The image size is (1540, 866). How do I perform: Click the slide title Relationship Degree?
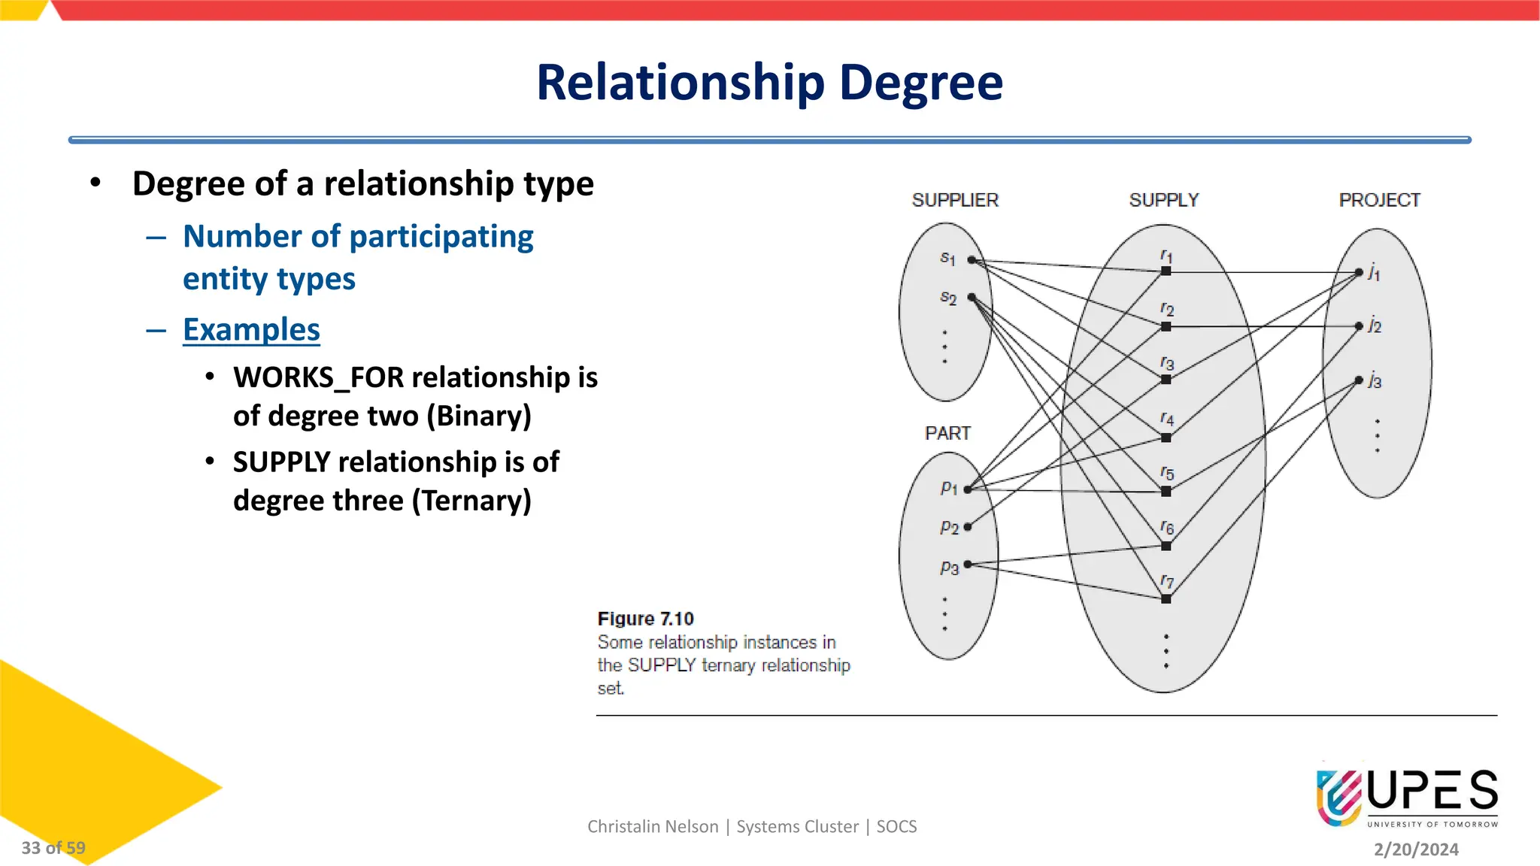tap(769, 82)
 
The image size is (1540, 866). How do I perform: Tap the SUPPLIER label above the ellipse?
tap(955, 200)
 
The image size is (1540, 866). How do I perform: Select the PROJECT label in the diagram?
tap(1379, 200)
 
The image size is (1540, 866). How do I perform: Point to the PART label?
tap(947, 433)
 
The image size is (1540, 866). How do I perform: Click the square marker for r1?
tap(1166, 271)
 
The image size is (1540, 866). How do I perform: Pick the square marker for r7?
tap(1166, 599)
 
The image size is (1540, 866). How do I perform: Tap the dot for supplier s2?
tap(972, 298)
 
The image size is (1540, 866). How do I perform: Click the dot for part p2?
tap(968, 527)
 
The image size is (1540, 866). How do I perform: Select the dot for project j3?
tap(1359, 380)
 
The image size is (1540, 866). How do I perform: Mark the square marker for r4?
tap(1166, 438)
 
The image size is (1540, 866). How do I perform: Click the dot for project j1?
tap(1359, 272)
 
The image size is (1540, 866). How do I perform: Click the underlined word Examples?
tap(251, 330)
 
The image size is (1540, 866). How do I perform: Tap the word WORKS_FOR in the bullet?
tap(319, 377)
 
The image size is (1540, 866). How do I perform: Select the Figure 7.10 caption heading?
tap(645, 619)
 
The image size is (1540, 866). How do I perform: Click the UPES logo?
tap(1406, 797)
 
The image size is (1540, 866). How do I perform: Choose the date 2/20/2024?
tap(1416, 849)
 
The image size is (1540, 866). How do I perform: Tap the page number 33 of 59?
tap(53, 848)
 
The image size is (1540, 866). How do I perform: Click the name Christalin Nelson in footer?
tap(653, 827)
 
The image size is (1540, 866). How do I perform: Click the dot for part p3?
tap(968, 564)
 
